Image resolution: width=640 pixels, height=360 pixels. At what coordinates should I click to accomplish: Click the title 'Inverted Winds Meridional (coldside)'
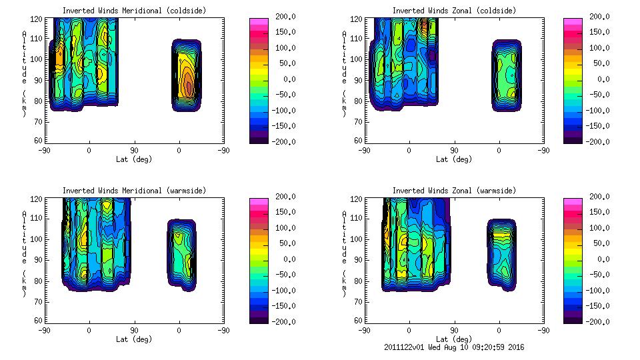click(x=134, y=11)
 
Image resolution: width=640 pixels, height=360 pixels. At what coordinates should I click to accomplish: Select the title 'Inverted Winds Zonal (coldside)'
click(x=453, y=11)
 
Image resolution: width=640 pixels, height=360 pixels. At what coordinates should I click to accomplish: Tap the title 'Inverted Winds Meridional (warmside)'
click(x=134, y=191)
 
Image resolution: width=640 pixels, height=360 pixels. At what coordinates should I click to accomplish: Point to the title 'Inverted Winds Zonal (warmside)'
click(x=453, y=191)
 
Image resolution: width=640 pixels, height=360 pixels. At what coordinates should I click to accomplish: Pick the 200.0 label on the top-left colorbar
click(x=279, y=17)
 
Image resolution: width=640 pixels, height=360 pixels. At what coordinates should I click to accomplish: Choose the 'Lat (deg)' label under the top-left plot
click(x=134, y=159)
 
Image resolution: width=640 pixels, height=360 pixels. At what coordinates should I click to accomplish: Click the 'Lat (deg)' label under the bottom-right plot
click(x=453, y=339)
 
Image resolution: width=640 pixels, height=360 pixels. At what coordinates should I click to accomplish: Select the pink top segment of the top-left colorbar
click(x=258, y=22)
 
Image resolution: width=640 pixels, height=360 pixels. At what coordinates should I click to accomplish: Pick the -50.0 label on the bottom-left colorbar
click(x=279, y=275)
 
